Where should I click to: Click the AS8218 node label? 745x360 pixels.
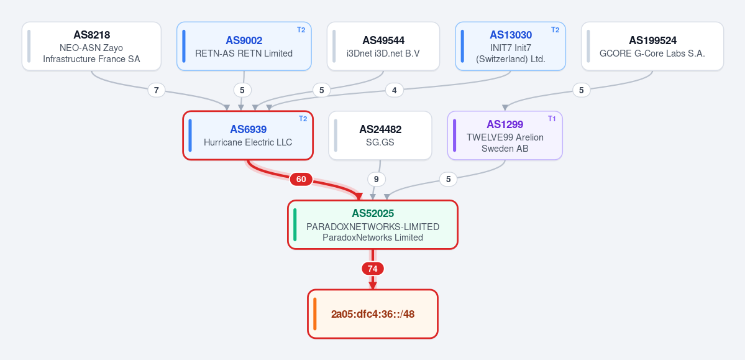tap(92, 35)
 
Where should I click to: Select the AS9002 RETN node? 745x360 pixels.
tap(244, 46)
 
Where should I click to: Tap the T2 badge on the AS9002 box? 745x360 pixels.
tap(301, 29)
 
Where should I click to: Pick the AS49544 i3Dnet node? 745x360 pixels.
tap(383, 46)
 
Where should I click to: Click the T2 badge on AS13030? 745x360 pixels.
tap(555, 29)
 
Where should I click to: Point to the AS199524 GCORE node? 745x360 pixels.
tap(652, 46)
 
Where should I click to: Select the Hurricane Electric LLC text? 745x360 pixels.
tap(248, 142)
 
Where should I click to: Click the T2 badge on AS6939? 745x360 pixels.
tap(303, 118)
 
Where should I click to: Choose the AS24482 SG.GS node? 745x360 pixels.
tap(380, 136)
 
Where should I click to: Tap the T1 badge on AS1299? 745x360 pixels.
tap(552, 118)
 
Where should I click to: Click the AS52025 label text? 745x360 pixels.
tap(373, 214)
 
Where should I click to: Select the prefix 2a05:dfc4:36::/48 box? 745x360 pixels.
tap(373, 314)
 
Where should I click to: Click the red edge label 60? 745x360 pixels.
tap(301, 179)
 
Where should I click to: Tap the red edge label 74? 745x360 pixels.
tap(373, 269)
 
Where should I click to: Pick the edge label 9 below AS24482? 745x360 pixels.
tap(377, 179)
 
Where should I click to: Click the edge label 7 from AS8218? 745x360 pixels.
tap(157, 90)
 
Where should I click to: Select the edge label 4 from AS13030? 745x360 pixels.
tap(395, 90)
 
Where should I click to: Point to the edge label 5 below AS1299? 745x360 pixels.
tap(448, 179)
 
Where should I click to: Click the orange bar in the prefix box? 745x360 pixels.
tap(314, 314)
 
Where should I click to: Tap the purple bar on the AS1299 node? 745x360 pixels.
tap(455, 136)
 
